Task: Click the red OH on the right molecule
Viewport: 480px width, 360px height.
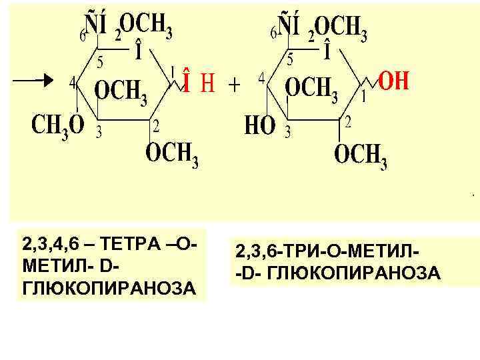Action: tap(393, 83)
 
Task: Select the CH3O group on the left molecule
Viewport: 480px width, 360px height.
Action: tap(58, 125)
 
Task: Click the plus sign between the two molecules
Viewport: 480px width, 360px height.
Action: tap(235, 84)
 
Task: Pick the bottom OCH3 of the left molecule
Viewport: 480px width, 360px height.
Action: tap(173, 154)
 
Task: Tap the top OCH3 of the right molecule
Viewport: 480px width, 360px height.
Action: tap(340, 28)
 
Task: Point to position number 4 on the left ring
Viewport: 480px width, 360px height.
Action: tap(73, 83)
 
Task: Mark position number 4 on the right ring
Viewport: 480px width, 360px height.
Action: tap(263, 77)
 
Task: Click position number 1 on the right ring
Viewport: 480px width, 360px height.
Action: tap(363, 97)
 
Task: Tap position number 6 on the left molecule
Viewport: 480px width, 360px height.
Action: tap(83, 35)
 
